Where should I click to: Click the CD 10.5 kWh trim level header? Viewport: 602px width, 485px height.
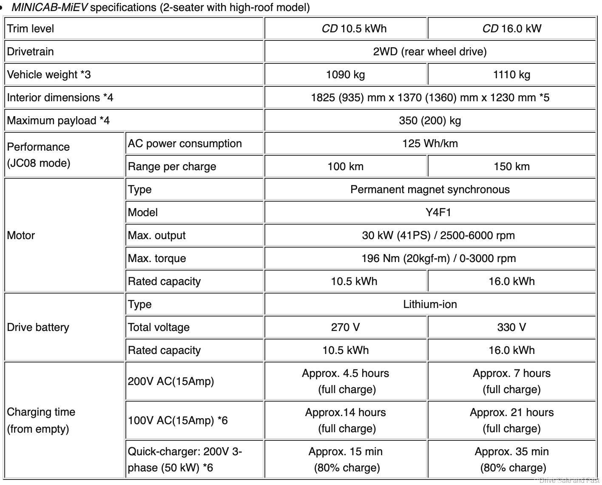pos(354,29)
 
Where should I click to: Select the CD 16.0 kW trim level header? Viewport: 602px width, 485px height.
pos(511,29)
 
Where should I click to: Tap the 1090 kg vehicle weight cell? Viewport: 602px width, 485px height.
pos(345,74)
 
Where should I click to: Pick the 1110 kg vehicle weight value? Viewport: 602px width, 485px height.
pos(511,74)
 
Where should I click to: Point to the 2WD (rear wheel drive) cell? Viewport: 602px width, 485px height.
pos(430,51)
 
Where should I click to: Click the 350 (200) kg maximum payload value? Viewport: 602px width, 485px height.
pos(430,120)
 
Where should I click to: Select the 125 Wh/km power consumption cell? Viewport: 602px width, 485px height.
pos(430,143)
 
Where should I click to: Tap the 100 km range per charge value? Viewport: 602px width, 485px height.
pos(345,166)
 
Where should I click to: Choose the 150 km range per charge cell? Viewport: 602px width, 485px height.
pos(511,166)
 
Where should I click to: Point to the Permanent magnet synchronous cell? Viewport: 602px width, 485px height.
pos(430,189)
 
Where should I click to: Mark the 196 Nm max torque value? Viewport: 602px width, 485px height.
pos(438,258)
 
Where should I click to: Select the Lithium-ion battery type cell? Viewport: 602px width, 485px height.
pos(430,304)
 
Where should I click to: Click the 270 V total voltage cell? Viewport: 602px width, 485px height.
pos(345,327)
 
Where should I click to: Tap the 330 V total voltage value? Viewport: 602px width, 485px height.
pos(511,327)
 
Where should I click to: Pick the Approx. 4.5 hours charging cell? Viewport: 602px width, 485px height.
pos(345,381)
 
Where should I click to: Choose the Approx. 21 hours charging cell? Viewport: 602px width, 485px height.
pos(511,420)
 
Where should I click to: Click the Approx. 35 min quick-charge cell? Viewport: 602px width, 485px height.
pos(511,459)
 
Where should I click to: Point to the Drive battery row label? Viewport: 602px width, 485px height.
pos(38,327)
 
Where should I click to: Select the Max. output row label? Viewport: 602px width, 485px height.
pos(156,235)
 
